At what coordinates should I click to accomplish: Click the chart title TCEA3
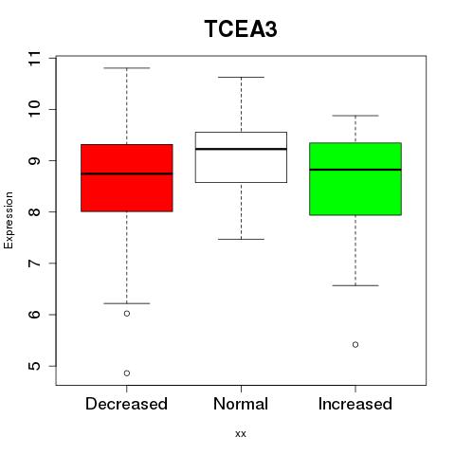click(241, 28)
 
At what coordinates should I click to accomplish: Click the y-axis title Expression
click(9, 220)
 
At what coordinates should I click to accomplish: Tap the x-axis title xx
click(241, 434)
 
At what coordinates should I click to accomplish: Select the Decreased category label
click(126, 404)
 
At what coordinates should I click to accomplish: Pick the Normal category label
click(241, 404)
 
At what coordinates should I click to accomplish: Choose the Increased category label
click(355, 404)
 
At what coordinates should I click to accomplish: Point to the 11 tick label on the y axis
click(35, 58)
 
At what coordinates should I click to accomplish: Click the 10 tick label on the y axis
click(35, 109)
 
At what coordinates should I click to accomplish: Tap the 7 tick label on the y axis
click(35, 264)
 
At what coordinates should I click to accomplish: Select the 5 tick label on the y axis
click(35, 366)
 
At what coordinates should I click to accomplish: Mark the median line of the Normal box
click(241, 149)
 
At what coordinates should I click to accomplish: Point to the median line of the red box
click(127, 173)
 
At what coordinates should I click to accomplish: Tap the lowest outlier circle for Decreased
click(127, 373)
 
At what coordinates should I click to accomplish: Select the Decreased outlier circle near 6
click(127, 314)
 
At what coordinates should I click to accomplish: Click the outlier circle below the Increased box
click(355, 344)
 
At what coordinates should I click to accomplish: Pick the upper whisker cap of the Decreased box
click(127, 68)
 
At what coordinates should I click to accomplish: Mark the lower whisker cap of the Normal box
click(241, 239)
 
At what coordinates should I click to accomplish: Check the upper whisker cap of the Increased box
click(355, 116)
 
